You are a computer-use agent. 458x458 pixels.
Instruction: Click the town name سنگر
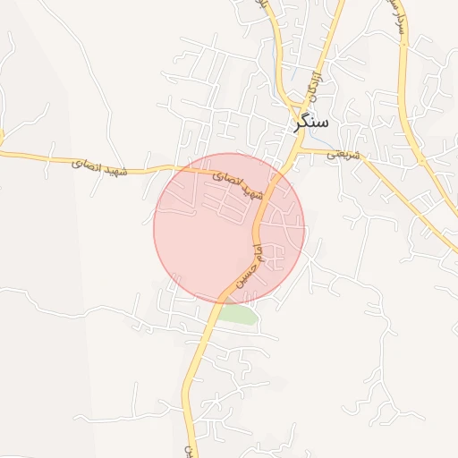[311, 122]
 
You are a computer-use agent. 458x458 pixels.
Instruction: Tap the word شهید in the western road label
[140, 169]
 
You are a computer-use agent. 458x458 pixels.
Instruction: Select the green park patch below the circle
[238, 315]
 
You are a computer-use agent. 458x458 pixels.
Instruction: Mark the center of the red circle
[229, 228]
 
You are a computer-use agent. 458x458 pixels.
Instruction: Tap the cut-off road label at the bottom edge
[189, 449]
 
